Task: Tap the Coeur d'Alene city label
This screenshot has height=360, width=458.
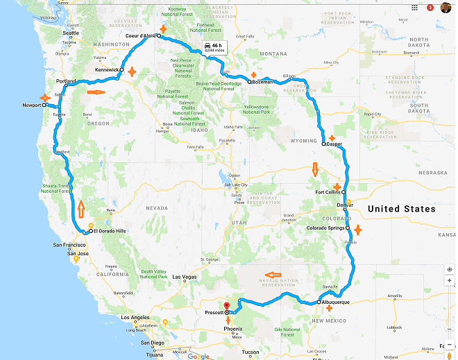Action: click(x=139, y=35)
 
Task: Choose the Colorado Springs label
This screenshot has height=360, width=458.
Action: click(x=325, y=228)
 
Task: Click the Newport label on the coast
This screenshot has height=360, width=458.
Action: click(x=31, y=106)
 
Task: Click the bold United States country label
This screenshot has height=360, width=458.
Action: click(x=401, y=209)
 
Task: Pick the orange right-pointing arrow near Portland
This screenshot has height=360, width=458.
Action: click(x=96, y=91)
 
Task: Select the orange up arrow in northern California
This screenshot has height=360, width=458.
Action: click(x=81, y=207)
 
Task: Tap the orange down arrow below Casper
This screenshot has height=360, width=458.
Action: click(x=314, y=169)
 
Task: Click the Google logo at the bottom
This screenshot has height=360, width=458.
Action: click(x=198, y=356)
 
